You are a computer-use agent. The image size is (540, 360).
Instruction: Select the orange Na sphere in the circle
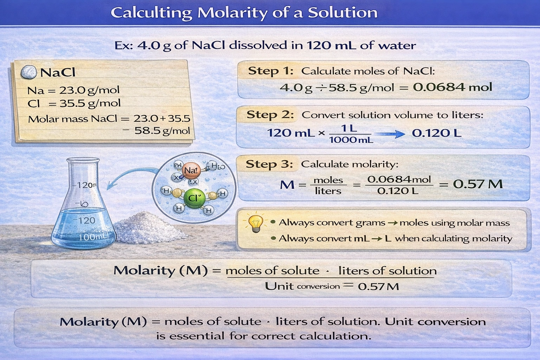[x=191, y=171]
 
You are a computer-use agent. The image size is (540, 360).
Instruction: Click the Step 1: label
[x=270, y=71]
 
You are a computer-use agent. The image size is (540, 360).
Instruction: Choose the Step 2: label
[x=270, y=115]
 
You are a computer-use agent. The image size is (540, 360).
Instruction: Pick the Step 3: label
[x=269, y=164]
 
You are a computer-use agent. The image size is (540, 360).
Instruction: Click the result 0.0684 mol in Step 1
[x=452, y=87]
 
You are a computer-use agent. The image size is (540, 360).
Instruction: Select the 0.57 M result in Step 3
[x=477, y=184]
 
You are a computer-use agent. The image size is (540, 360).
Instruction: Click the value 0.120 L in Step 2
[x=436, y=133]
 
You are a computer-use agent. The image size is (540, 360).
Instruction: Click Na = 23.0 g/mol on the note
[x=73, y=90]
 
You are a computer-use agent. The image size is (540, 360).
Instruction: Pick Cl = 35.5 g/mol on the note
[x=74, y=103]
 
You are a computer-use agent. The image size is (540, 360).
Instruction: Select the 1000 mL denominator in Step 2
[x=351, y=140]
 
